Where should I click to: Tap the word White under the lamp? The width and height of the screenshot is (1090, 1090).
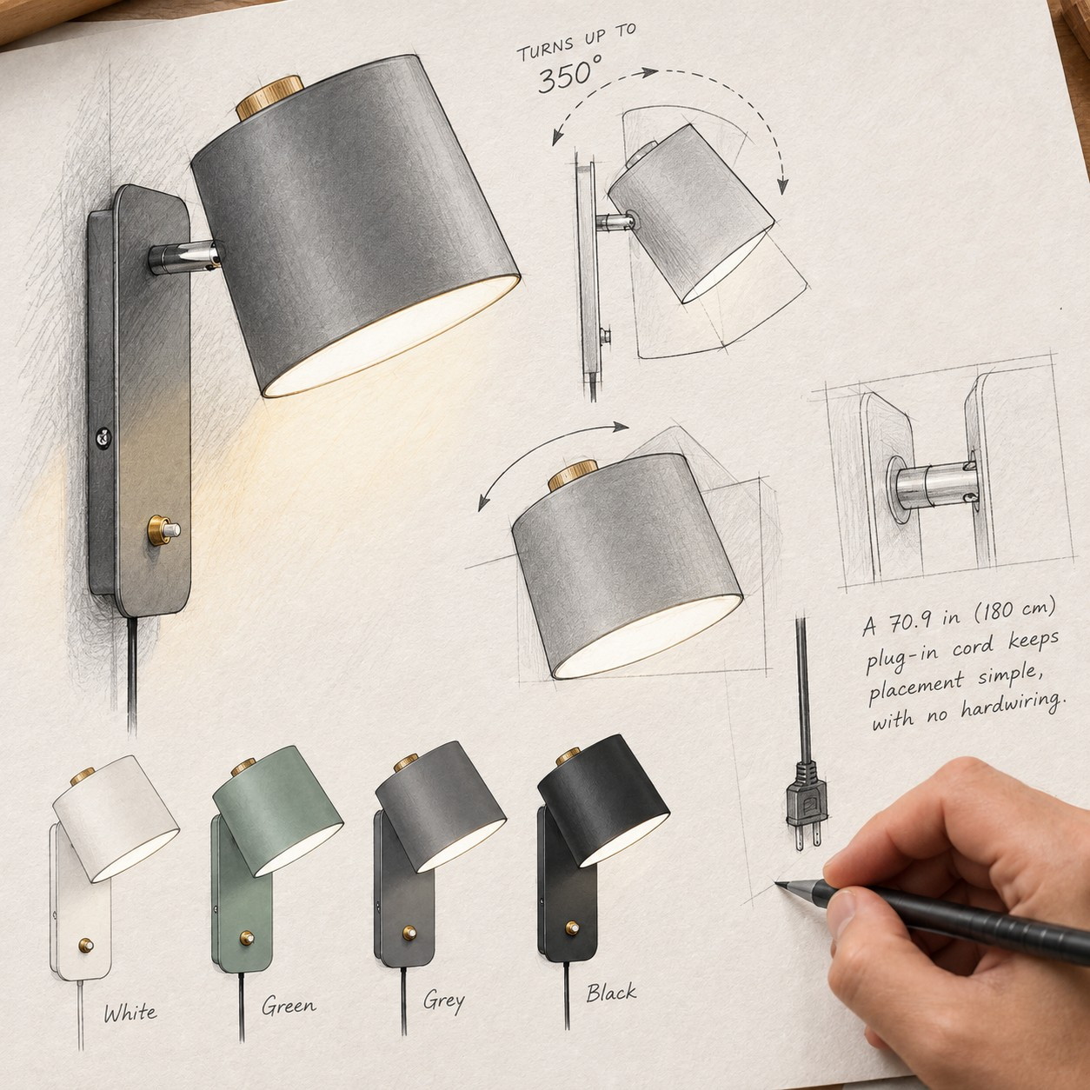[130, 1011]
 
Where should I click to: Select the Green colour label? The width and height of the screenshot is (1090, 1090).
[289, 1005]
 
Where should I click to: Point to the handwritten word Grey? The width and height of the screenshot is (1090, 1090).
[444, 1001]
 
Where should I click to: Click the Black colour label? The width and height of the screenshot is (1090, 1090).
[611, 991]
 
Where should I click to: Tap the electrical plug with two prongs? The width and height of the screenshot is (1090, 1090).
[805, 804]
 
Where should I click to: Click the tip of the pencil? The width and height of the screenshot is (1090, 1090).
[776, 883]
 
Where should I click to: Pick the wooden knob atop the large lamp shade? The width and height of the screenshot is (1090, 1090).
[269, 98]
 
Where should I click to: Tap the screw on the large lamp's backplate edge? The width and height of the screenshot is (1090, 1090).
[103, 437]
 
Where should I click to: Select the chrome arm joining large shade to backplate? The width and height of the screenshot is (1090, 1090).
[184, 257]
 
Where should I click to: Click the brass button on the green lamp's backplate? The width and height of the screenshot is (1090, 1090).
[247, 938]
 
